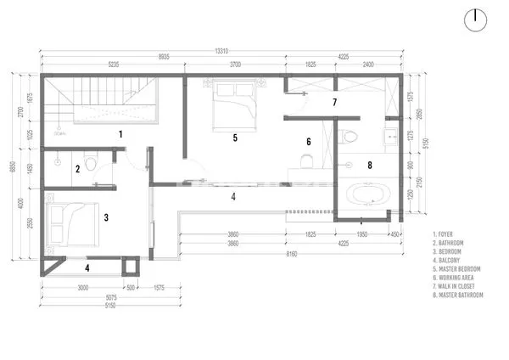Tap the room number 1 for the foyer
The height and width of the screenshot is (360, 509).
pos(120,134)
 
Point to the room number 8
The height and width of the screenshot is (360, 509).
pos(369,166)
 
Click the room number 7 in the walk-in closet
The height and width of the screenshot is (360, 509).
pos(334,103)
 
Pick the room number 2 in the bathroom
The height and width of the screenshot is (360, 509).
pos(77,169)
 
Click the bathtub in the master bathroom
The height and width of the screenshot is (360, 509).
pos(366,198)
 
